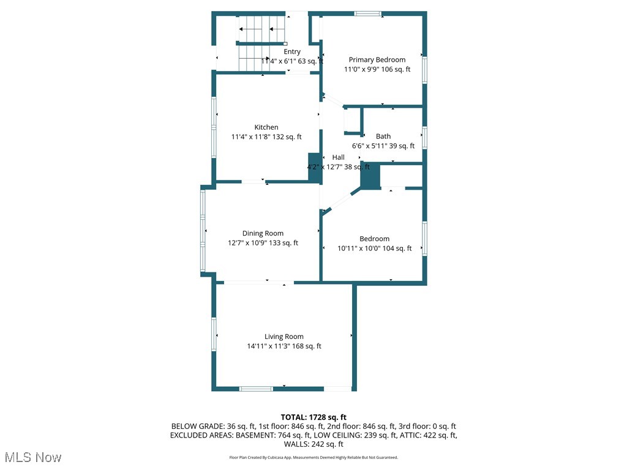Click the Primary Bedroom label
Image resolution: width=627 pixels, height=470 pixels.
pos(377,59)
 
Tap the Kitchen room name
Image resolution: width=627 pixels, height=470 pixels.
pos(266,127)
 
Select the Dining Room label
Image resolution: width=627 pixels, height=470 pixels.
pos(263,233)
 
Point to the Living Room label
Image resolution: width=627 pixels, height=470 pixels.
pos(284,337)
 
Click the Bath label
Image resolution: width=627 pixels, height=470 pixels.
pos(383,136)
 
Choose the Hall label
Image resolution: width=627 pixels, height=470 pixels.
pos(338,157)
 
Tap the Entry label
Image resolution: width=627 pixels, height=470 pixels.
pos(292,52)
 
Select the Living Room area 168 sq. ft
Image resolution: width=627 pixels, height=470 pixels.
pos(304,346)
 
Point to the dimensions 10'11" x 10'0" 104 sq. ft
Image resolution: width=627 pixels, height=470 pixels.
pos(375,248)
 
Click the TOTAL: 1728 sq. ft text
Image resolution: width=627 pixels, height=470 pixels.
pos(313,417)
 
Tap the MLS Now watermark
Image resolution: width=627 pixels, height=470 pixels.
pos(33,457)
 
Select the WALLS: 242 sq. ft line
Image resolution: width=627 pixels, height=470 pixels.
pos(313,445)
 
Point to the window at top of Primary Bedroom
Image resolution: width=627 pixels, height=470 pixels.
pos(368,13)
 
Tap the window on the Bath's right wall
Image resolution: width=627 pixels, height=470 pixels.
pos(424,137)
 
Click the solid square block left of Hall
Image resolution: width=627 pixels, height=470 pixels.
pos(315,168)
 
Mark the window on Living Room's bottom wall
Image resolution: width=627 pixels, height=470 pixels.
pos(256,389)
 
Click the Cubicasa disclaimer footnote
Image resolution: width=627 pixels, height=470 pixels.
pos(313,457)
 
